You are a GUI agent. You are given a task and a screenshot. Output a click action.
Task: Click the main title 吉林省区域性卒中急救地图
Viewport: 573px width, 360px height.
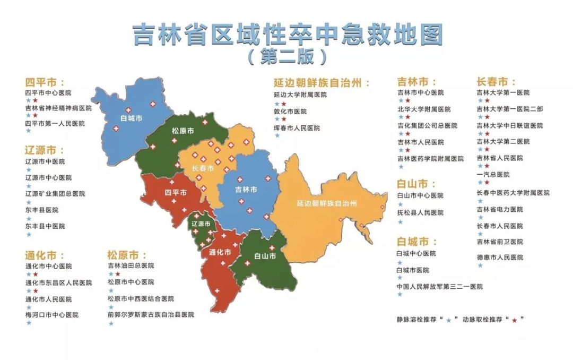(287, 35)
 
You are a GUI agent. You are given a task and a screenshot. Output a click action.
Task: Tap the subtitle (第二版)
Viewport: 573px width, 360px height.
(287, 56)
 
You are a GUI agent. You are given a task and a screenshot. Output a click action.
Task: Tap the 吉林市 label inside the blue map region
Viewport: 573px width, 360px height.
(246, 190)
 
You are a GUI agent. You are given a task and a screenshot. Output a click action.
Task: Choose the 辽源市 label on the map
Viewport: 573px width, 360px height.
(201, 224)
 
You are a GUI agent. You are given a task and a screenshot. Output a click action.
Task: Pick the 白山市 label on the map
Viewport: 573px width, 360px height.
(265, 256)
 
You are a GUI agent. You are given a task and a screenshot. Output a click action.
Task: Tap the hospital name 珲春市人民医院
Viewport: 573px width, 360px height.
(297, 128)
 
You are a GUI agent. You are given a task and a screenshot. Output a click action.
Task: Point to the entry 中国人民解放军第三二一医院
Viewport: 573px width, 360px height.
(439, 287)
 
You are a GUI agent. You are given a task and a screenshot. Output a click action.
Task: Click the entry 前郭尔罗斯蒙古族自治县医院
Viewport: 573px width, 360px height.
(151, 314)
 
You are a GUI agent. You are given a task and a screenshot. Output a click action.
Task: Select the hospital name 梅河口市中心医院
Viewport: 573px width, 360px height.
(51, 314)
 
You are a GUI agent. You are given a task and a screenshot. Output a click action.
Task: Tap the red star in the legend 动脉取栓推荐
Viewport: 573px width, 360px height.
(514, 320)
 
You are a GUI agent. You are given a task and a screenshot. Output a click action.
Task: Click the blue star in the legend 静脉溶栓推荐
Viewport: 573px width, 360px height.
(449, 320)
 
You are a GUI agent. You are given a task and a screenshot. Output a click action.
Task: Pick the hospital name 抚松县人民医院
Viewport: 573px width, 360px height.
(420, 212)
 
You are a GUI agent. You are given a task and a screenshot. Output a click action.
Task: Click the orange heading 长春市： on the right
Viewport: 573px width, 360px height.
(496, 82)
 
